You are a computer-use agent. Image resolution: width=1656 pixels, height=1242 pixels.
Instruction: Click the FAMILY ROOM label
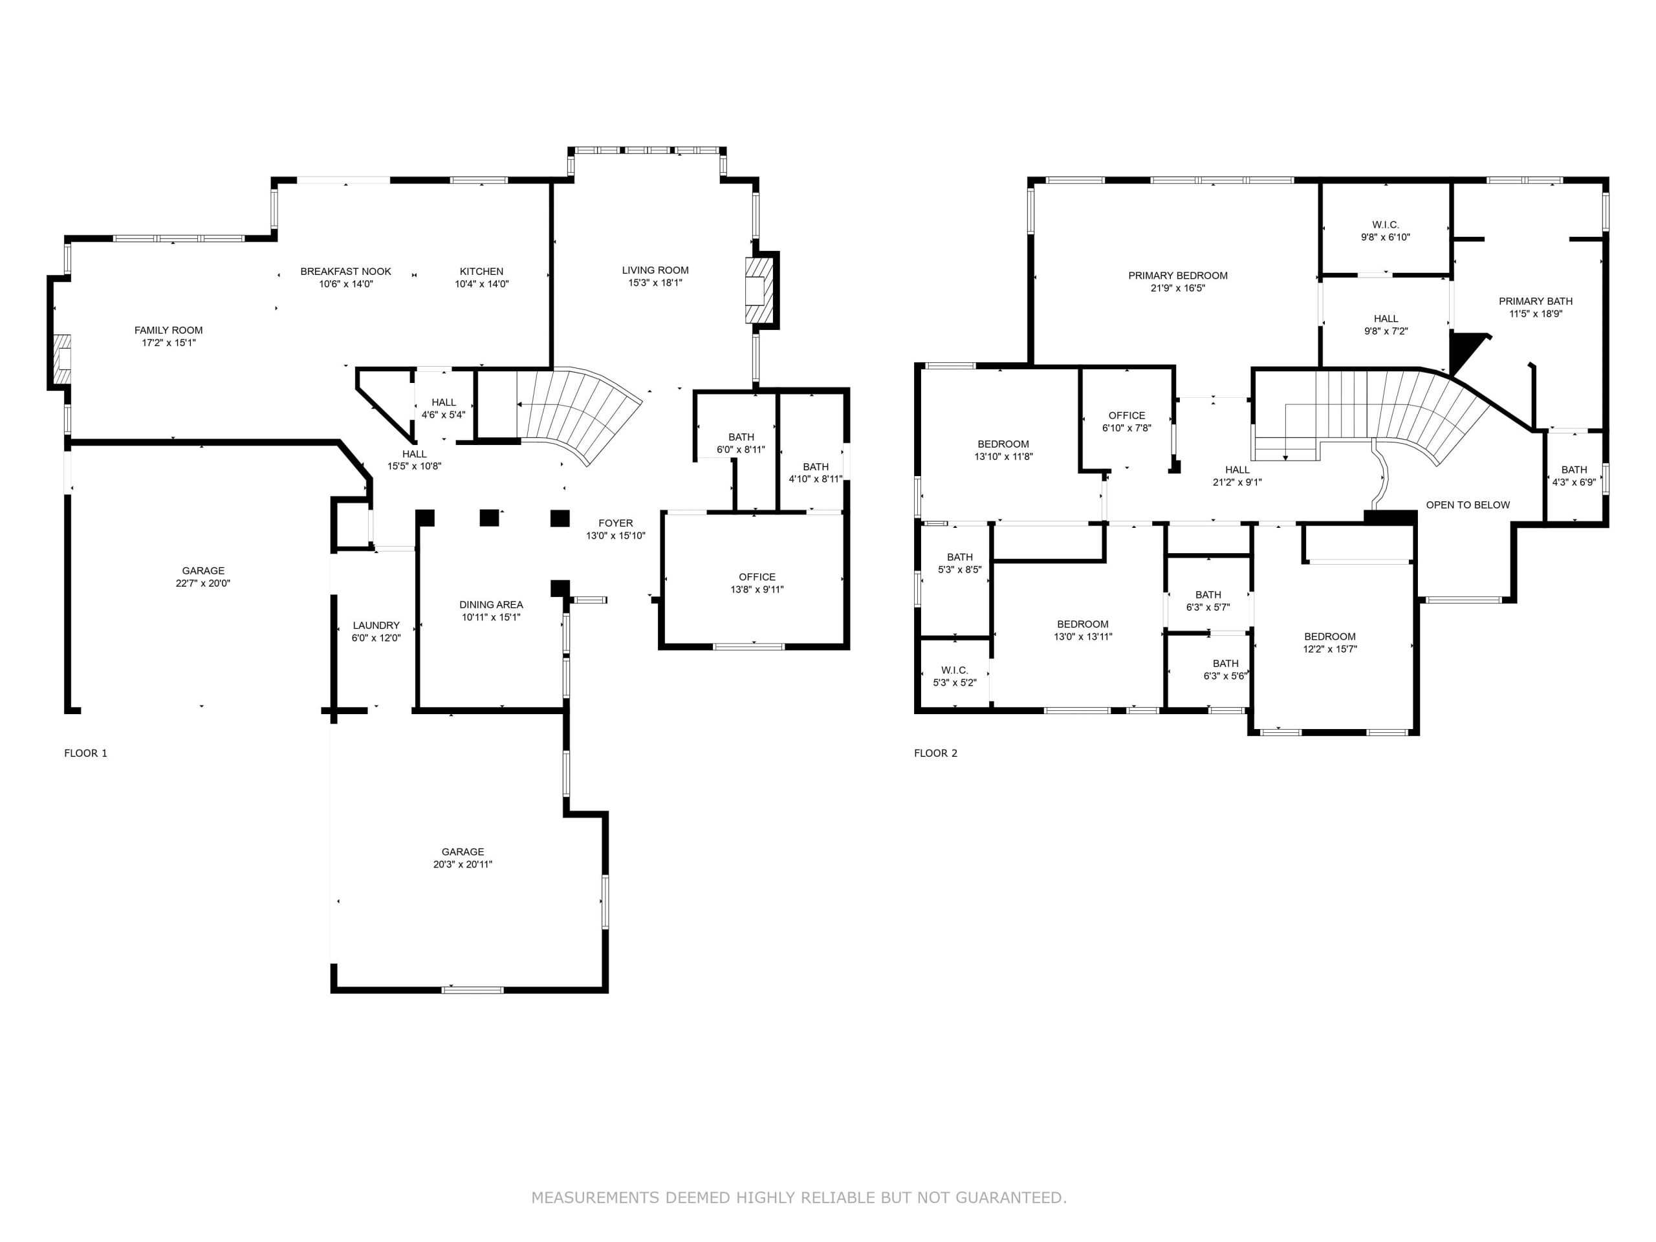[x=168, y=330]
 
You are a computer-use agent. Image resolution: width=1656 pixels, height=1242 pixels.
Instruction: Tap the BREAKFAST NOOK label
[x=346, y=271]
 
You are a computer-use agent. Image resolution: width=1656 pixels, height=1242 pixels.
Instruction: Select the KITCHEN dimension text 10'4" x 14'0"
[x=481, y=284]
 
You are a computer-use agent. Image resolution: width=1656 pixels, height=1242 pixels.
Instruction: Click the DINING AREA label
[x=491, y=604]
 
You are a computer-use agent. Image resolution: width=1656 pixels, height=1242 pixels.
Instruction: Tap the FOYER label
[x=615, y=523]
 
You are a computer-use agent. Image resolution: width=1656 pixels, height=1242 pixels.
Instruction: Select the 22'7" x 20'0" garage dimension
[x=203, y=583]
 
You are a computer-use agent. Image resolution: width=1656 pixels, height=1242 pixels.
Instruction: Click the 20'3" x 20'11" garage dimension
[x=463, y=864]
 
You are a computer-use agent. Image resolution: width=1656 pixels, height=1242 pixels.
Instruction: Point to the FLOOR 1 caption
[x=86, y=753]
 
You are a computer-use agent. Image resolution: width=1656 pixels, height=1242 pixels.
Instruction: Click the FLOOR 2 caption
[x=936, y=753]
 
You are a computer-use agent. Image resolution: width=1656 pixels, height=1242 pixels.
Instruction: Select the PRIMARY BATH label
[x=1536, y=301]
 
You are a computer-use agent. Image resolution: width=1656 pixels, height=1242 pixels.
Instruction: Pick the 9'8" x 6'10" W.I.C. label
[x=1385, y=230]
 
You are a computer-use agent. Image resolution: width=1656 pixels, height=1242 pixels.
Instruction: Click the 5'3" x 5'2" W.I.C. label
[x=955, y=676]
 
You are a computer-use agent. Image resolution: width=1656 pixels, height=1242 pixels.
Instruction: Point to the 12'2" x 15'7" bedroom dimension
[x=1329, y=649]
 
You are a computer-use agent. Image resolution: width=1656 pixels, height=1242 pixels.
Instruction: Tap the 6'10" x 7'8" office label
[x=1127, y=422]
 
